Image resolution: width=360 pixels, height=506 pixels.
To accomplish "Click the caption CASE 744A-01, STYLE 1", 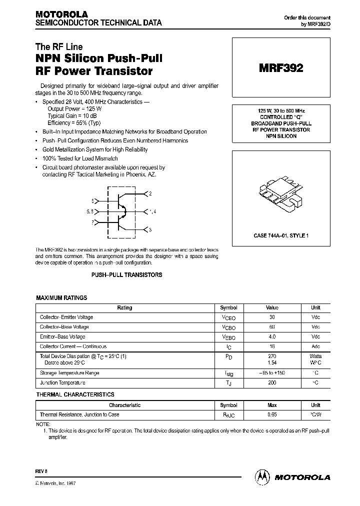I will tap(280, 235).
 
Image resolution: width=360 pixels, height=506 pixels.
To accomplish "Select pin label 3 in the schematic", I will tap(150, 229).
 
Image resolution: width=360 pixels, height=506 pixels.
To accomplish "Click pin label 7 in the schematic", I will tap(92, 221).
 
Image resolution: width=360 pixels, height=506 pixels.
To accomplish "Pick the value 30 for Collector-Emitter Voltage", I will tap(272, 317).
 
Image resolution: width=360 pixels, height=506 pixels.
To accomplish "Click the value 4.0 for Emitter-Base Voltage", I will tap(272, 336).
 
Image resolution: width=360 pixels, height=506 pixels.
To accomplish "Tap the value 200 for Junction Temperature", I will tap(272, 382).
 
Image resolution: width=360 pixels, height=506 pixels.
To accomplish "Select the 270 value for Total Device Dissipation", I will tap(272, 356).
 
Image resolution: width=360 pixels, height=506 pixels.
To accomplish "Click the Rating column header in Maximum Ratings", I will tap(124, 308).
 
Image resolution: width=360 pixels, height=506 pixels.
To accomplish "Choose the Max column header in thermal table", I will tap(272, 405).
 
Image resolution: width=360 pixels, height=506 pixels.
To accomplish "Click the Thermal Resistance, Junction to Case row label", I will tap(79, 414).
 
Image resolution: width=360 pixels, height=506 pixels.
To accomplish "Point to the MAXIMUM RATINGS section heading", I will tap(61, 297).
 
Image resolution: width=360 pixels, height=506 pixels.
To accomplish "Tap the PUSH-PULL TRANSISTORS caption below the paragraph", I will tap(126, 275).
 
